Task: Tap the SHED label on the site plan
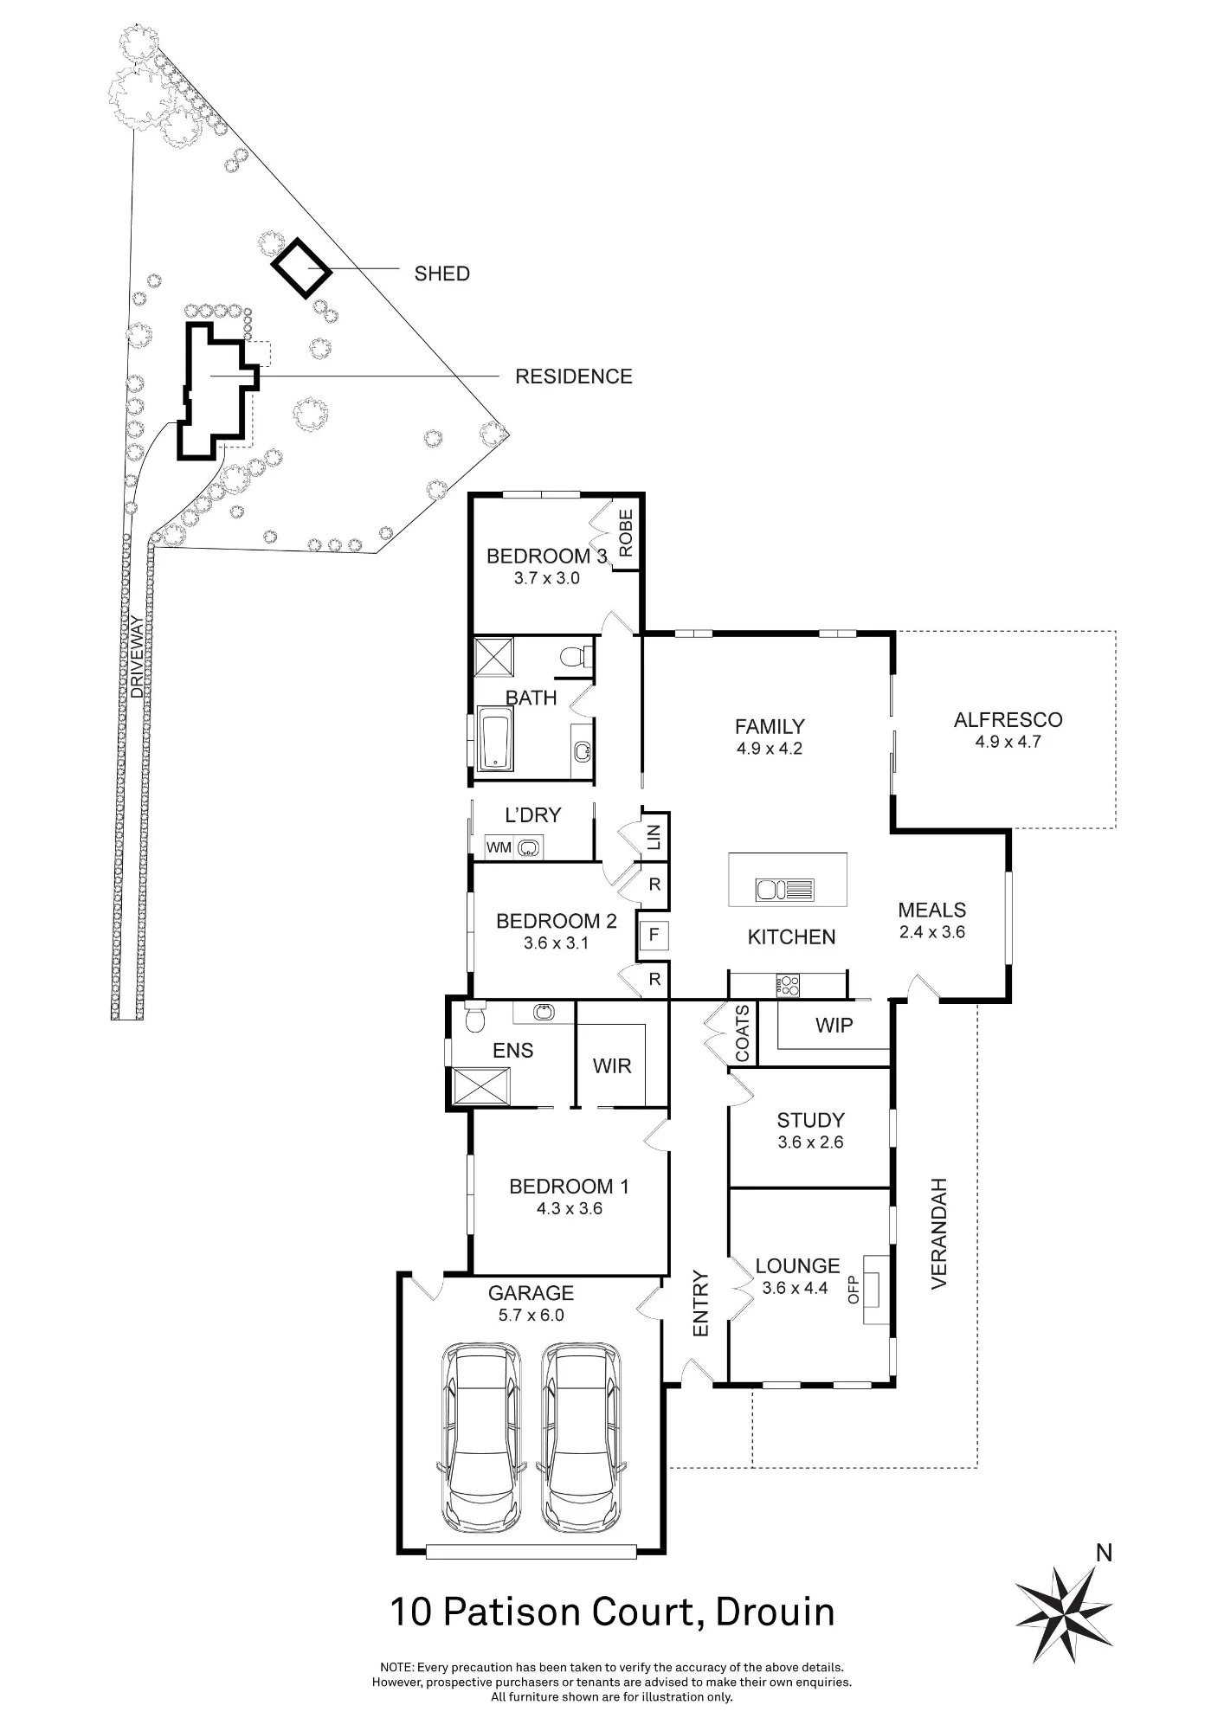click(x=441, y=273)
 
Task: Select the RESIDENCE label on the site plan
click(x=573, y=376)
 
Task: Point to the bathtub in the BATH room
click(x=494, y=739)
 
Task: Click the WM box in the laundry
click(x=499, y=847)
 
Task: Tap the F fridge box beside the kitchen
click(x=654, y=935)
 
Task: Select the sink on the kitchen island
click(x=785, y=889)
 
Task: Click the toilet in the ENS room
click(x=475, y=1018)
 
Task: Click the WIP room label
click(x=834, y=1026)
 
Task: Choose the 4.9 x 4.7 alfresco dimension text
click(x=1008, y=742)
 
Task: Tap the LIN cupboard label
click(x=654, y=837)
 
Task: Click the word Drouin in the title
click(x=776, y=1613)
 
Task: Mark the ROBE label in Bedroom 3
click(x=626, y=533)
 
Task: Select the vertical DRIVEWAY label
click(x=137, y=656)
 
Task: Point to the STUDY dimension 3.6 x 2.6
click(x=810, y=1142)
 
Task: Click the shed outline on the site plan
click(x=301, y=267)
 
